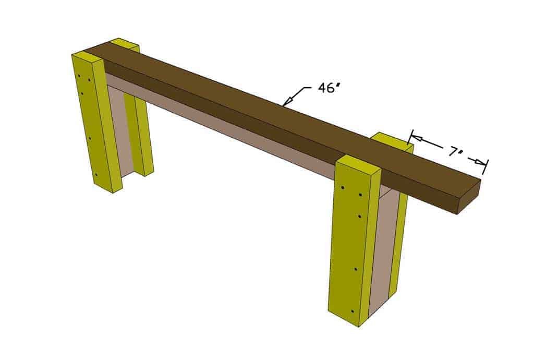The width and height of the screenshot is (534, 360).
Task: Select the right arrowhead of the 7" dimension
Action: click(483, 164)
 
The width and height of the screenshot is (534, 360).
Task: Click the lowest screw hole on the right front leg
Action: click(353, 311)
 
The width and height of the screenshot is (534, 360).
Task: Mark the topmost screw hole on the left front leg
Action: click(79, 77)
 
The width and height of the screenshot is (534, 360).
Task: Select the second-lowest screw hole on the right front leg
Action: click(356, 269)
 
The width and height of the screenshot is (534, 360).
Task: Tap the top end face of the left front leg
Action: click(89, 56)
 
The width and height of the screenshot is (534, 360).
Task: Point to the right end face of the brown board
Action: click(469, 197)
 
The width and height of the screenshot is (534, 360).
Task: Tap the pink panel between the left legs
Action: click(120, 130)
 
